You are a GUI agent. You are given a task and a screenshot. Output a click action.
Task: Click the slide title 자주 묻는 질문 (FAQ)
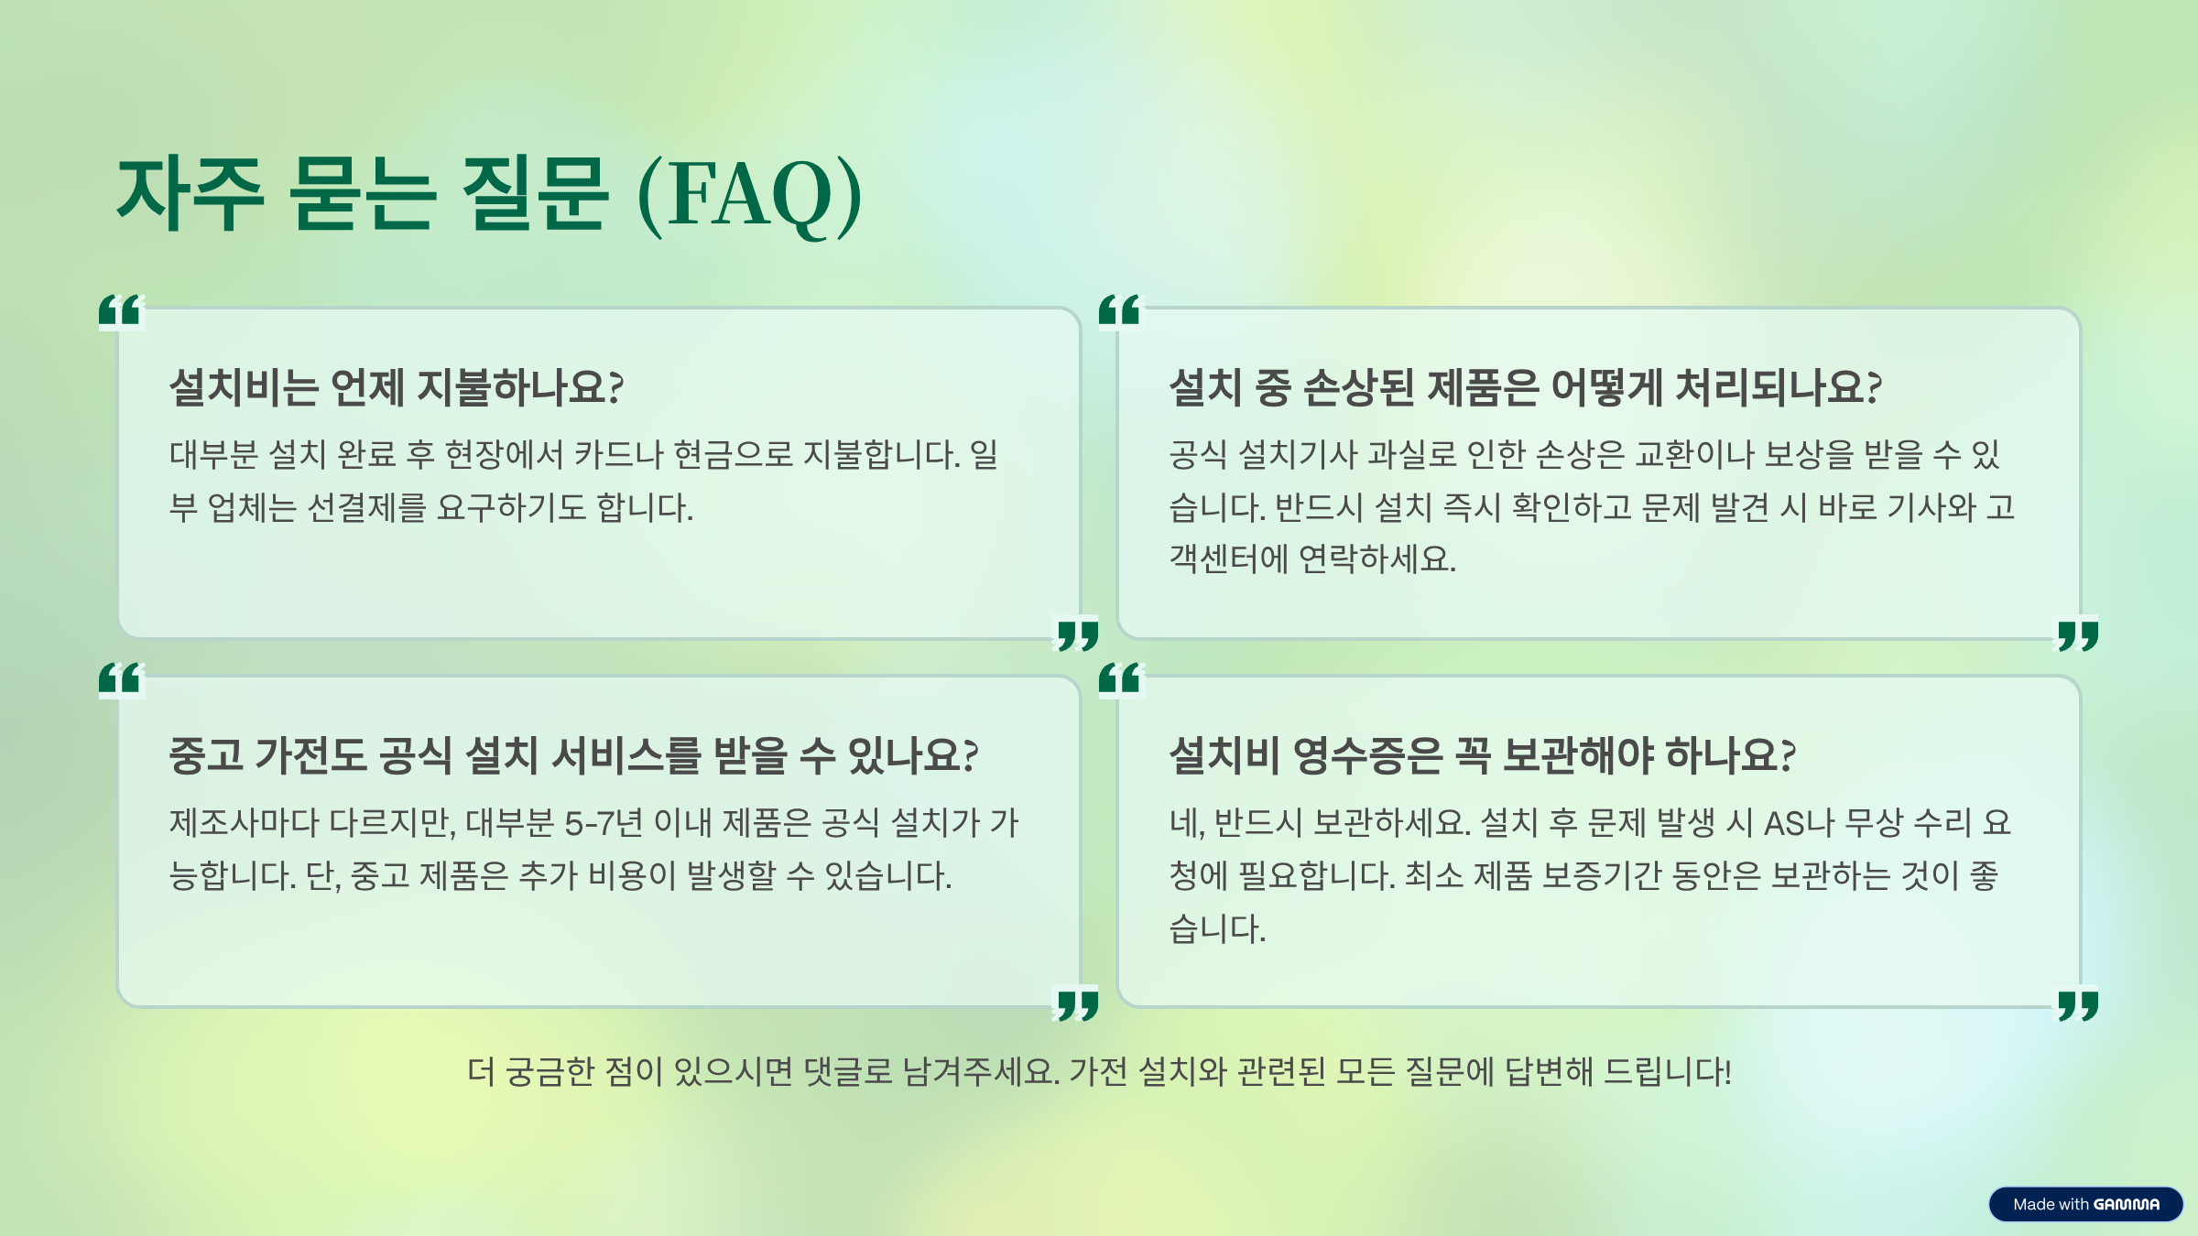[x=489, y=194]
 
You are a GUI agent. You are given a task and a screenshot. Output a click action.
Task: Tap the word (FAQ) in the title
[x=749, y=194]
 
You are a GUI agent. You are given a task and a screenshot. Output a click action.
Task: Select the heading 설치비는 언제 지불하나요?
[x=397, y=387]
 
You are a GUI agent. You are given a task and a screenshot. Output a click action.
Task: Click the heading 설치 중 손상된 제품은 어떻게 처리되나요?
[x=1525, y=387]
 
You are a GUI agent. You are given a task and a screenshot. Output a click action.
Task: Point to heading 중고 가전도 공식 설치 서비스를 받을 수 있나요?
[x=573, y=756]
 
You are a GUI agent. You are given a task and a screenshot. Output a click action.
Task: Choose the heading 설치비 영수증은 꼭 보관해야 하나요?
[x=1482, y=756]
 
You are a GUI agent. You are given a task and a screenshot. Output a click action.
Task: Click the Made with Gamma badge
[x=2085, y=1204]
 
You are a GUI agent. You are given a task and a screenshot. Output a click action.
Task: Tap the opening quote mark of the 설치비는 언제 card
[x=120, y=311]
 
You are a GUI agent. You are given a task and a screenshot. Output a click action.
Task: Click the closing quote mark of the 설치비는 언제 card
[x=1078, y=635]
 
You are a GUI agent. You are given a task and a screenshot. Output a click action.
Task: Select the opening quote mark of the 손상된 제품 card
[x=1120, y=311]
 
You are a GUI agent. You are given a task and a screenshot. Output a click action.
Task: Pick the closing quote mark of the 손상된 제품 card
[x=2078, y=635]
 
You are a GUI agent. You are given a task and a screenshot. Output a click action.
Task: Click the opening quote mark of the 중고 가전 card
[x=120, y=679]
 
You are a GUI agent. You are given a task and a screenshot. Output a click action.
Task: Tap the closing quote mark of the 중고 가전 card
[x=1078, y=1004]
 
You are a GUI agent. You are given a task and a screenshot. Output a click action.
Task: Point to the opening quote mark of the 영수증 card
[x=1120, y=679]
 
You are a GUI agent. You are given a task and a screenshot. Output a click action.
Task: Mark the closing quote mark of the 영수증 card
[x=2078, y=1004]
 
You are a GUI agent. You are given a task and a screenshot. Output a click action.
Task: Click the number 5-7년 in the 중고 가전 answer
[x=604, y=823]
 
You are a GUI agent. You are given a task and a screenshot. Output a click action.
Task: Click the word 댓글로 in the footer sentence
[x=847, y=1071]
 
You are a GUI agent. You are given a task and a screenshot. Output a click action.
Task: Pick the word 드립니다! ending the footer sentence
[x=1668, y=1071]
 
